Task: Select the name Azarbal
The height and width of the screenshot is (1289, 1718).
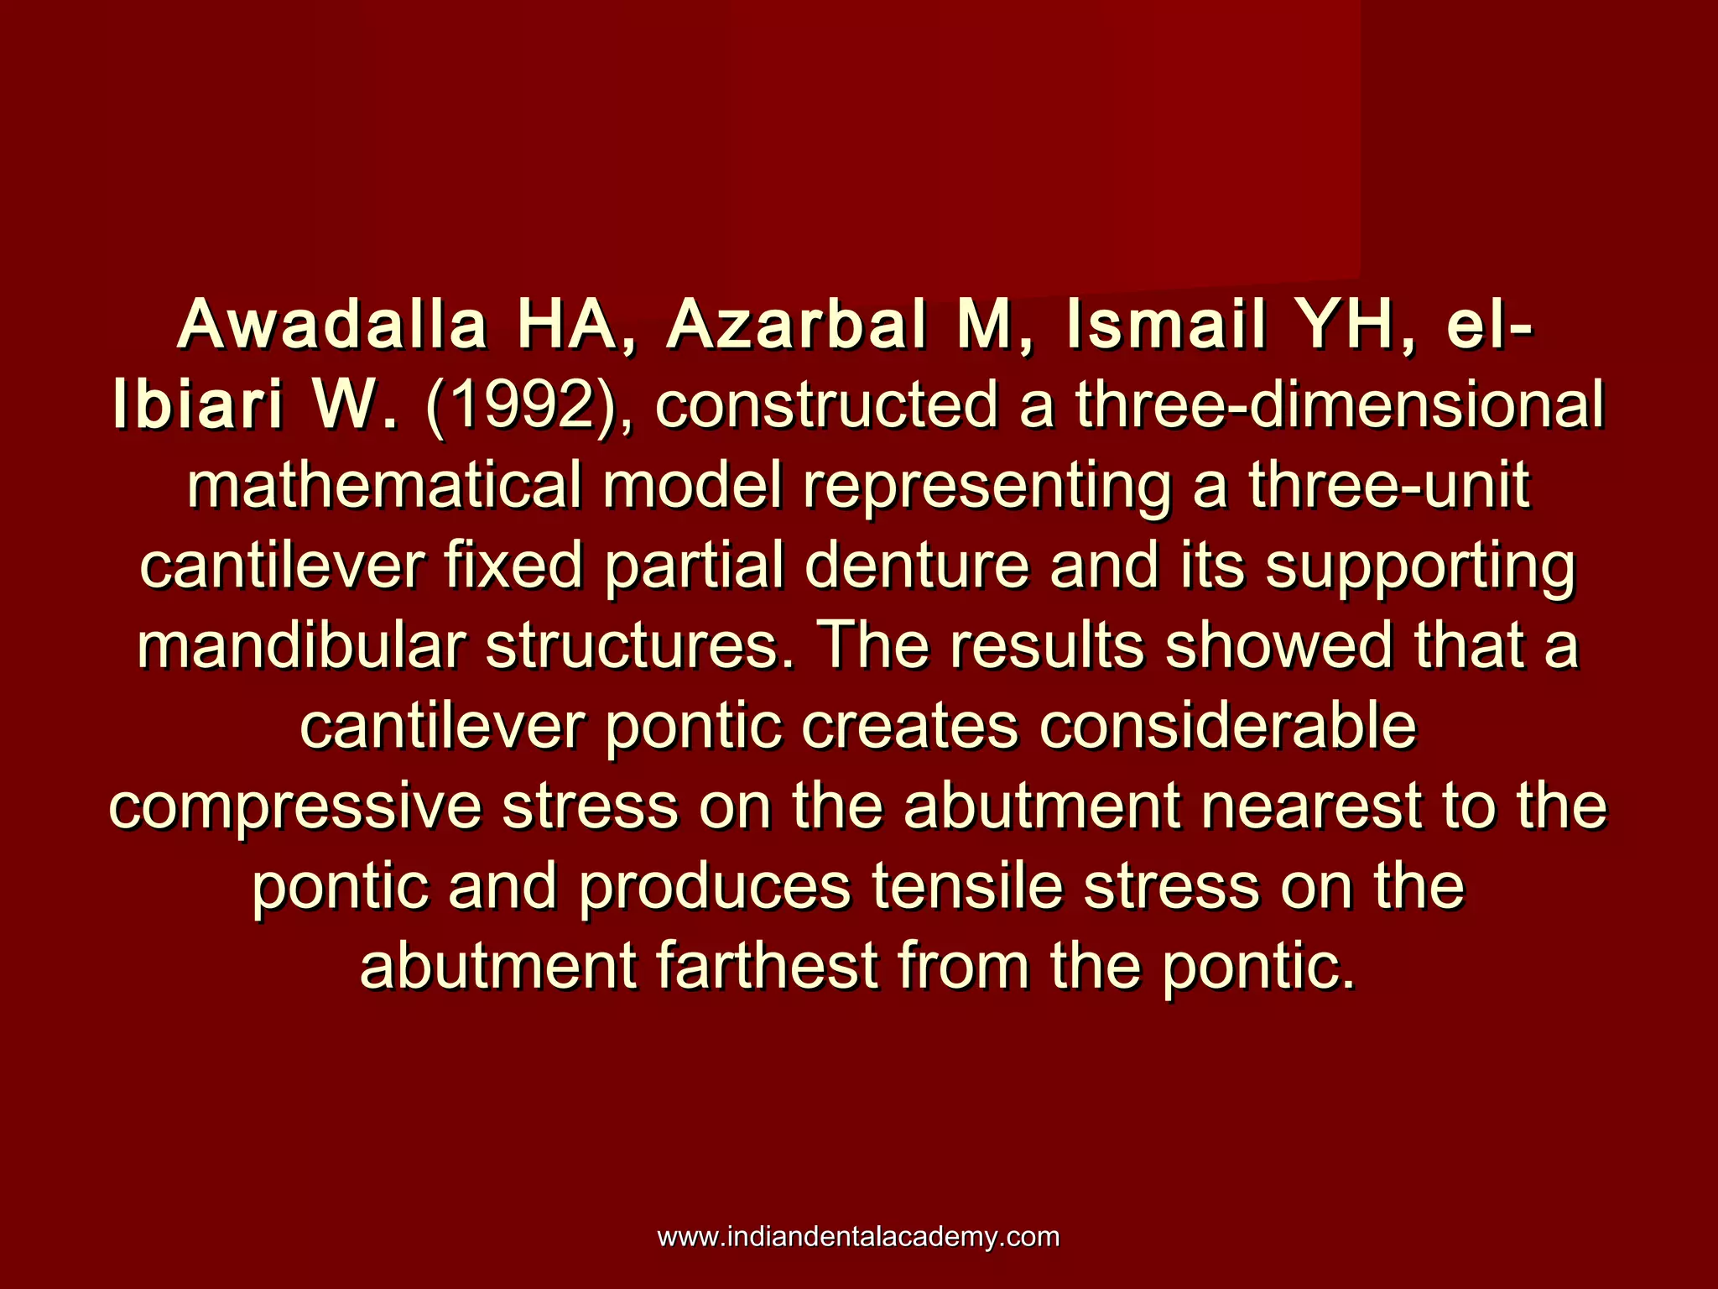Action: (x=797, y=326)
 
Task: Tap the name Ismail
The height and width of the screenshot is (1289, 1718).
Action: (x=1166, y=326)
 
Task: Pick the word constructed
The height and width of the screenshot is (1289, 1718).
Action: (x=827, y=406)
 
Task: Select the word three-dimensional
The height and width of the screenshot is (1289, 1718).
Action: (x=1340, y=406)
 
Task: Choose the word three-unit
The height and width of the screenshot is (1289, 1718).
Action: (x=1388, y=486)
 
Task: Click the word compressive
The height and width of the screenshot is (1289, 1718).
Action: (x=295, y=808)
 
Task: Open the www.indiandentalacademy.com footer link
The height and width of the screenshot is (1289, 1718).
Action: (x=858, y=1238)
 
